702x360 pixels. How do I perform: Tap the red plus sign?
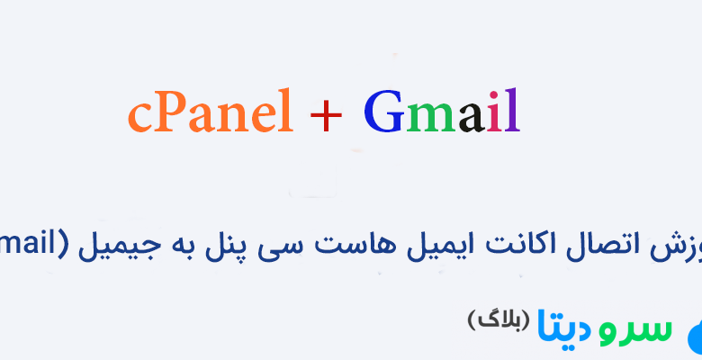328,115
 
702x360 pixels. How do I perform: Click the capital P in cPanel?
168,113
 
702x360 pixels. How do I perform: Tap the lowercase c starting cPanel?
139,118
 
